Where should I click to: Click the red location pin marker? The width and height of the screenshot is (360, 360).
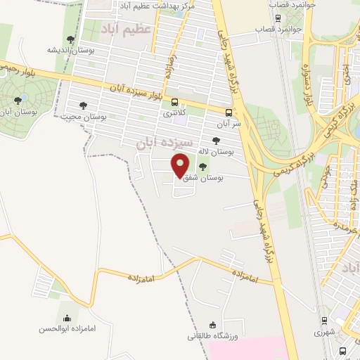pos(181,166)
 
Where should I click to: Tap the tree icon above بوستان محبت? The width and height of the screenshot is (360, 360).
pos(83,105)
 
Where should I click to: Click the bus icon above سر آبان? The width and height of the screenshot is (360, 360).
pos(229,112)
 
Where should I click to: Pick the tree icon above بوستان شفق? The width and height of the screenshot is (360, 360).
pos(203,167)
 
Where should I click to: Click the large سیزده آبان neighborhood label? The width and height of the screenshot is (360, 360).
pos(163,142)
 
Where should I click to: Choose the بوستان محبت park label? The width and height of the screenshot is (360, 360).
pos(84,117)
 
